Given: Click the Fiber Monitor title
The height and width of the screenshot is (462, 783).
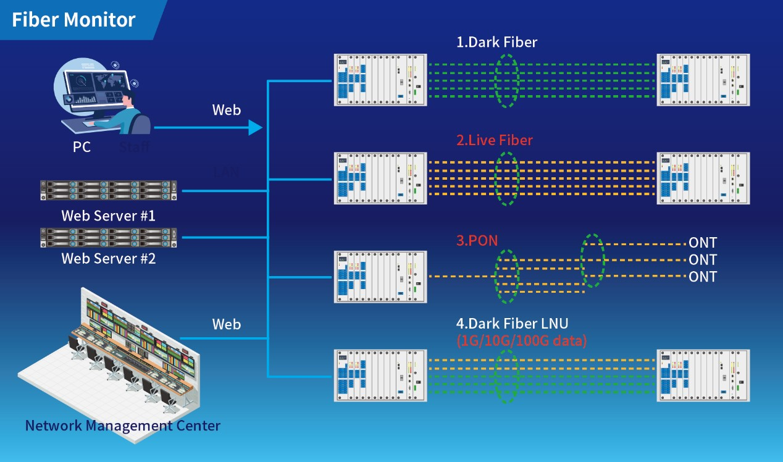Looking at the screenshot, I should (x=73, y=20).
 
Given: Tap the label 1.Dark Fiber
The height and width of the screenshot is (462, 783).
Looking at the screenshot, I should (x=496, y=43).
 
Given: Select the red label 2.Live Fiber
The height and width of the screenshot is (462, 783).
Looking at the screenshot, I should (x=494, y=140).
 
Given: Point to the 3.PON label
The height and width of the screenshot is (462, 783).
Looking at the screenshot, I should (x=477, y=240).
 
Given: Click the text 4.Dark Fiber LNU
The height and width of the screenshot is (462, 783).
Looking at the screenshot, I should (x=512, y=323).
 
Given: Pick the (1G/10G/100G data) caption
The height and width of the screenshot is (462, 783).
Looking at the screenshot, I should (x=521, y=339).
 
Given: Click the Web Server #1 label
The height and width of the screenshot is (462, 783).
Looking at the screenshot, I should (x=108, y=216).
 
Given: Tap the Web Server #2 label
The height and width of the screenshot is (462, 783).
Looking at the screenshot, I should (x=108, y=258).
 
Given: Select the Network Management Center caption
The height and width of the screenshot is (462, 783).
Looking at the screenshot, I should (x=122, y=426).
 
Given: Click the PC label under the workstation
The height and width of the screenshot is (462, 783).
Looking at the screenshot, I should (x=82, y=147).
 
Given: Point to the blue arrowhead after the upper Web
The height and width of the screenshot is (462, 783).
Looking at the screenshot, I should (x=254, y=128).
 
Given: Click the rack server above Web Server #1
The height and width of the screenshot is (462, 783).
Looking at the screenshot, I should (x=108, y=191).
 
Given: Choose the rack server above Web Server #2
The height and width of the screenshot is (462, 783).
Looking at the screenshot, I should (x=108, y=238).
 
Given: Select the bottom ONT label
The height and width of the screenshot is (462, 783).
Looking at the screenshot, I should (x=703, y=276).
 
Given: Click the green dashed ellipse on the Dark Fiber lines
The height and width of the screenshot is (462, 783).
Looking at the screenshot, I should (x=507, y=81).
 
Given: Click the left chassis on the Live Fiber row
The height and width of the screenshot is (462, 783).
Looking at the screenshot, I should (x=380, y=178).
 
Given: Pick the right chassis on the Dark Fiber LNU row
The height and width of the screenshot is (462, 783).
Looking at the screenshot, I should (x=704, y=376).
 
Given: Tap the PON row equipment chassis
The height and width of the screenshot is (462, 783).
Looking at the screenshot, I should (x=380, y=277).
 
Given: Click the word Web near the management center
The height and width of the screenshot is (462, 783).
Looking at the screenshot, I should (x=227, y=324).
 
